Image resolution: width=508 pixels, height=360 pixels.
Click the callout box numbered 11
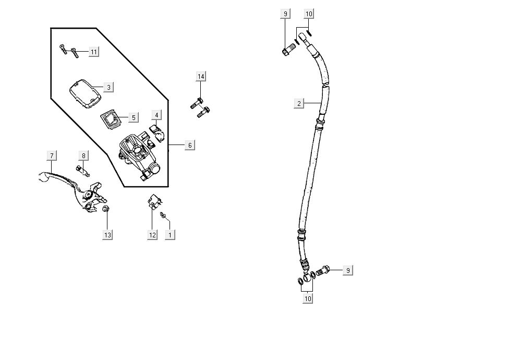(93, 52)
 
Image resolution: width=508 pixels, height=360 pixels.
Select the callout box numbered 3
(108, 87)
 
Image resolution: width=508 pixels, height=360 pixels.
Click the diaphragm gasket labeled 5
(110, 119)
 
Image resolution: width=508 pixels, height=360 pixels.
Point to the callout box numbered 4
(157, 115)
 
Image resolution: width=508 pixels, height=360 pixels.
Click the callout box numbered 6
(190, 145)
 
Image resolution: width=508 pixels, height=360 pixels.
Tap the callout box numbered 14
(201, 77)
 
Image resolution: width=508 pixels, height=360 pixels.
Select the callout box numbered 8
(83, 155)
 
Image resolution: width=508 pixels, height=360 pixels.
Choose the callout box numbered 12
(152, 235)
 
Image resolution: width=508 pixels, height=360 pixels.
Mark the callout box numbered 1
(170, 235)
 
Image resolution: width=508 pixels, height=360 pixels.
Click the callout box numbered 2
(299, 103)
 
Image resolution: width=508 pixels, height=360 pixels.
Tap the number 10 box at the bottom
(308, 298)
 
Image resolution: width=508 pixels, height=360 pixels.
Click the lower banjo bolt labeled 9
(323, 271)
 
